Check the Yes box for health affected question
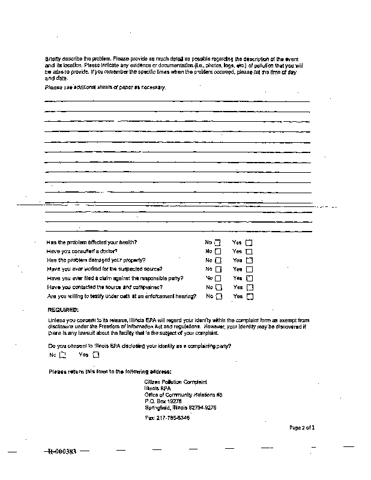(249, 242)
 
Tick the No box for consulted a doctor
(218, 251)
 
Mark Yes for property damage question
(249, 260)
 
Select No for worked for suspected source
(218, 269)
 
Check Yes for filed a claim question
(249, 278)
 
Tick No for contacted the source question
(218, 287)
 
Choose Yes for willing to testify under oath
(249, 296)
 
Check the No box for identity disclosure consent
(62, 355)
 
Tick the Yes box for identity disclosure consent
(95, 355)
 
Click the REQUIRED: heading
(63, 310)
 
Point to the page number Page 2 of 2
(302, 428)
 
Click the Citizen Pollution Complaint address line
(175, 382)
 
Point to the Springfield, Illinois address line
(180, 407)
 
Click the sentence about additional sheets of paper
(105, 88)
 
